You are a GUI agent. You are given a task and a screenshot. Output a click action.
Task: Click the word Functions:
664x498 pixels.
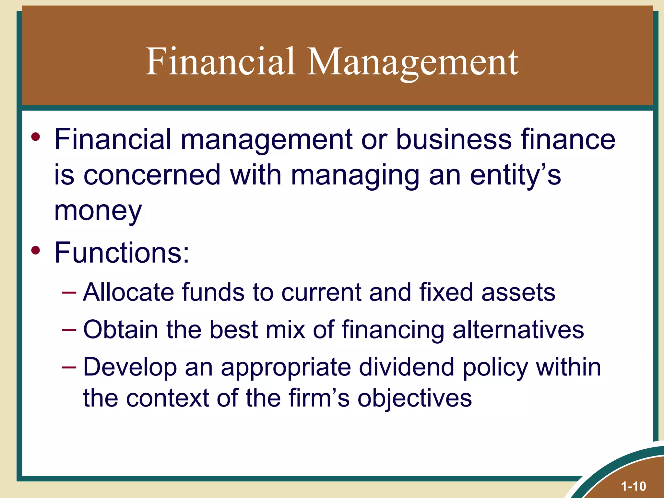click(x=122, y=253)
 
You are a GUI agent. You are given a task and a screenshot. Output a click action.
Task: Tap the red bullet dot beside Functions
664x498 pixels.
click(x=36, y=251)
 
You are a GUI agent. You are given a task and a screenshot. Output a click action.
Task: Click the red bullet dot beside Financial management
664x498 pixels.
click(x=36, y=137)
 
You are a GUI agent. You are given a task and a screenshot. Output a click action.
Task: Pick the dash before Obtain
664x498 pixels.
click(x=69, y=330)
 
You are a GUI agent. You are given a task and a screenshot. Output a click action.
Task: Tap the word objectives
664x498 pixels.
click(x=415, y=398)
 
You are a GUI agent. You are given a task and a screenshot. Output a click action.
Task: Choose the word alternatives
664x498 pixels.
click(x=518, y=330)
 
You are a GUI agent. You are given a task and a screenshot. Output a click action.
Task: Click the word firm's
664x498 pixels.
click(x=319, y=398)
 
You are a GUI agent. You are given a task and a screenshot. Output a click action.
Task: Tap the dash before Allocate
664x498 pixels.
click(x=69, y=293)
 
